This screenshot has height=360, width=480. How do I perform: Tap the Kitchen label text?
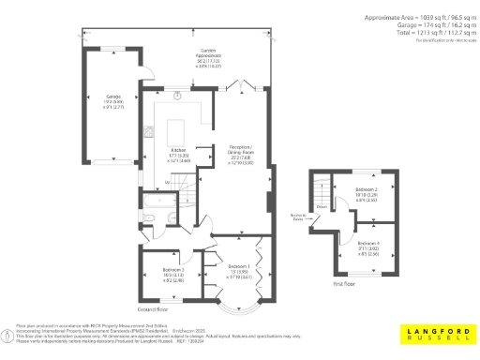coord(178,154)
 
